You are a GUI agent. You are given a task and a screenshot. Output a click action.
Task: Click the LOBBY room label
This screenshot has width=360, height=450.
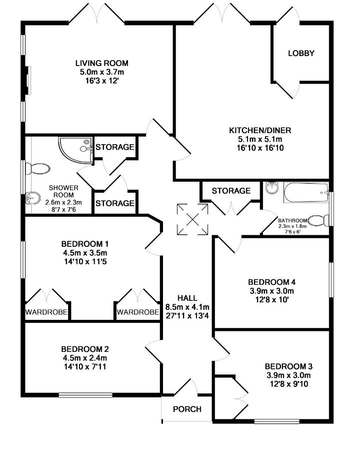coord(301,53)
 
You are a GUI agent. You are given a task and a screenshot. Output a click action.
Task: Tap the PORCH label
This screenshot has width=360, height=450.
coord(187,409)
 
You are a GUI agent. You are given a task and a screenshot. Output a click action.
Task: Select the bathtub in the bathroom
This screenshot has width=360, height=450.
coord(306,193)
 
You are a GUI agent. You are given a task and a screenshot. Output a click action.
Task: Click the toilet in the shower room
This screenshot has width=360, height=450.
coord(37,169)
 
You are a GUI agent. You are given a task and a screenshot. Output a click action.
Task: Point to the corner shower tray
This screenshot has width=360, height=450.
coord(75,150)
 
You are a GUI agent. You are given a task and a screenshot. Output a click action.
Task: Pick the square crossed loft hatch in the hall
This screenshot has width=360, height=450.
coord(192,219)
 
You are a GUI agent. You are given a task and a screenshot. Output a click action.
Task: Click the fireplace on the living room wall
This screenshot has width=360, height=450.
coord(27,81)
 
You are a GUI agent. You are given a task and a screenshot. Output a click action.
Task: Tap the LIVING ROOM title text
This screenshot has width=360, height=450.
coord(102,63)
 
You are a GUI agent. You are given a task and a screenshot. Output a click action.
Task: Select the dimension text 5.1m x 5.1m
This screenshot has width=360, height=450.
coord(260,139)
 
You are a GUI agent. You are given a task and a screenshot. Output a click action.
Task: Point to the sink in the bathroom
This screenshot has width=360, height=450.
coord(272,188)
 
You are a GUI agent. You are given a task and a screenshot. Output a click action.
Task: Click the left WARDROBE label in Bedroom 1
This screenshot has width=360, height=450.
coord(46,312)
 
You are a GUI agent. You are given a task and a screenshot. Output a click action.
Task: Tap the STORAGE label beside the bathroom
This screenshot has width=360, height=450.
coord(231,191)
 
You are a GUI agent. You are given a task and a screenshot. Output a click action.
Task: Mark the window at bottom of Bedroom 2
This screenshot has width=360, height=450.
coord(85,395)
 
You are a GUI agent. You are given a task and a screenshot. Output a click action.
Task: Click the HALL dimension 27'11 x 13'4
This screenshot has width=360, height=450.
coord(187,316)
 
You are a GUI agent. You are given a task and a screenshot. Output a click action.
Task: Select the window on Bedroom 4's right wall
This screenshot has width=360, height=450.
coord(331,280)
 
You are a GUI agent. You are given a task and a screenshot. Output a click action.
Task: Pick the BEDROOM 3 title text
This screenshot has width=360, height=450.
coord(288,366)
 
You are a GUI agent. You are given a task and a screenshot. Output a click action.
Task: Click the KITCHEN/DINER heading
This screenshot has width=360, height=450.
coord(260,130)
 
